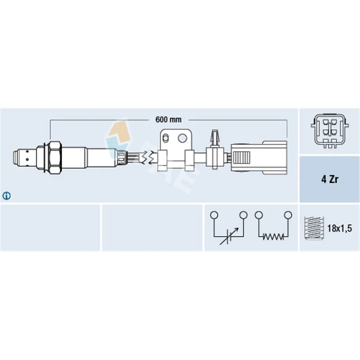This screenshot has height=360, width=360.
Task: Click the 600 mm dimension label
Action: (x=168, y=120)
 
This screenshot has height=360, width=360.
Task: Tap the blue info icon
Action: (x=6, y=196)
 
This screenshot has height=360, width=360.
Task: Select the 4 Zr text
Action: (x=330, y=179)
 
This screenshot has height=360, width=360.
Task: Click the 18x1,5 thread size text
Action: (x=339, y=228)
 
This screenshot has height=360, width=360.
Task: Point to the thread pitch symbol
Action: (x=314, y=228)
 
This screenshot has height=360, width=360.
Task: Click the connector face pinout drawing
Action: (x=330, y=131)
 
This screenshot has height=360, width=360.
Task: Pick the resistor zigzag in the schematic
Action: (x=273, y=237)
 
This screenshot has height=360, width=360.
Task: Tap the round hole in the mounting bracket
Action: (x=182, y=138)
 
